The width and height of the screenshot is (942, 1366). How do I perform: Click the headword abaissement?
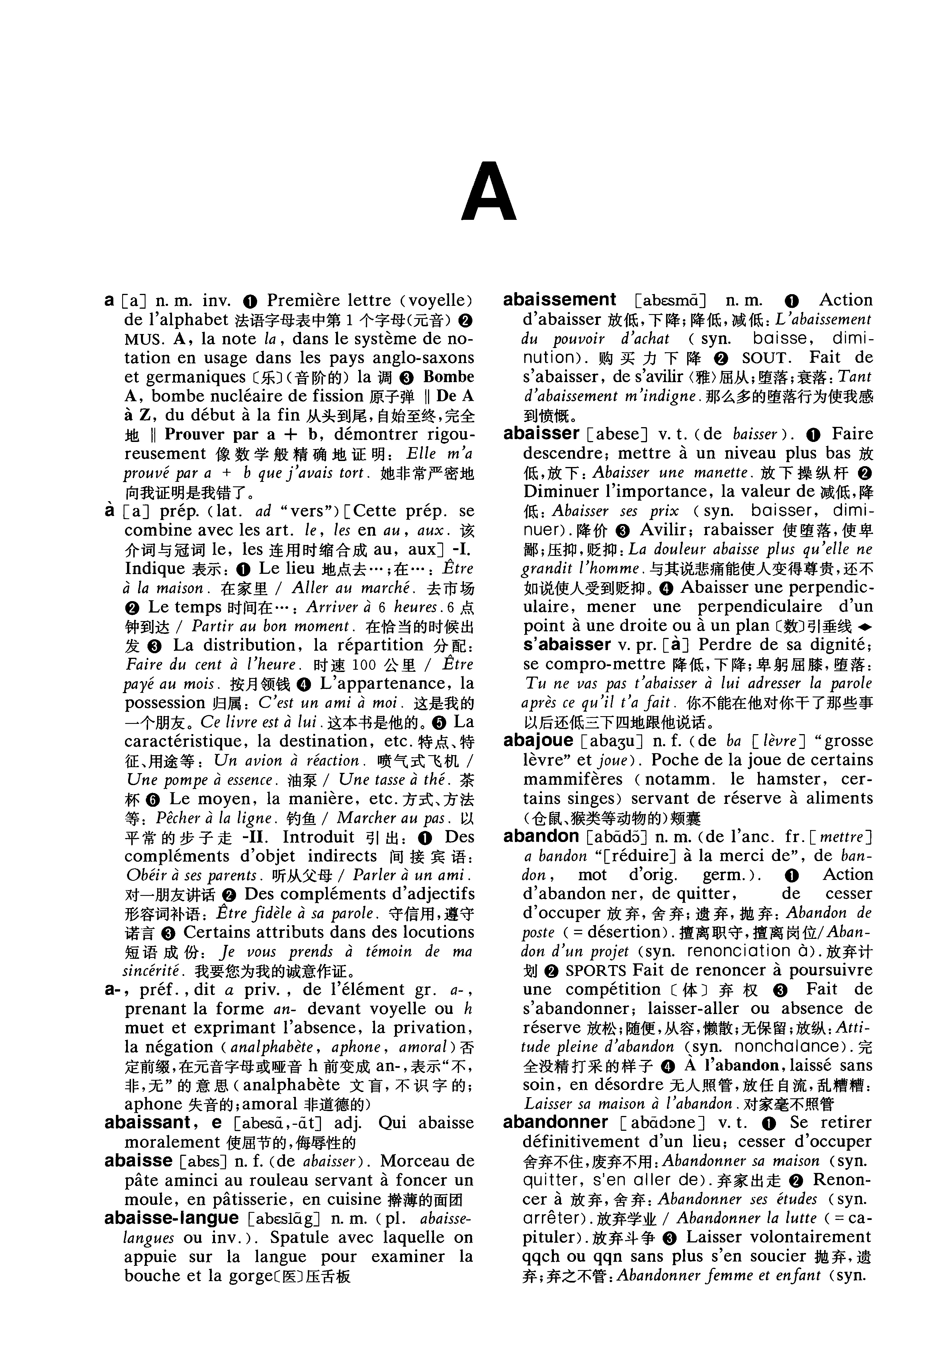click(x=559, y=300)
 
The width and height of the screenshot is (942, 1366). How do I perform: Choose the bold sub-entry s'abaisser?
click(x=567, y=644)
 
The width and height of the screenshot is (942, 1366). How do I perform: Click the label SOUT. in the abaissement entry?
click(x=765, y=358)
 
